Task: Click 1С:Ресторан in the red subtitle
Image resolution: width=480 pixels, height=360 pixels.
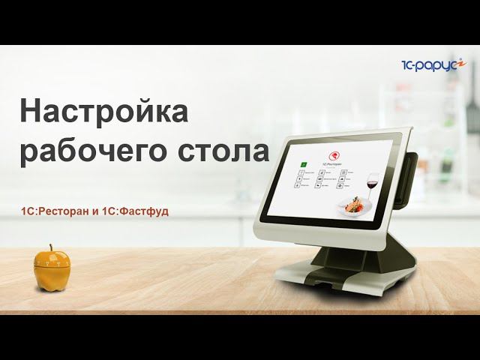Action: tap(55, 212)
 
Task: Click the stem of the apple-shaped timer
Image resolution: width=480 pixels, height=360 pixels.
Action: tap(51, 247)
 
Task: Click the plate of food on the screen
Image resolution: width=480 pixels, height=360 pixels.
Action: tap(353, 206)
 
